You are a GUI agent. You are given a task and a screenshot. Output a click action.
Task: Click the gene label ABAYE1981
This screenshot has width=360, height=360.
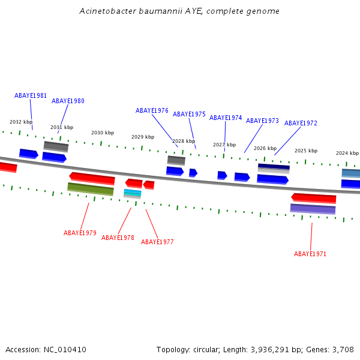pyautogui.click(x=31, y=95)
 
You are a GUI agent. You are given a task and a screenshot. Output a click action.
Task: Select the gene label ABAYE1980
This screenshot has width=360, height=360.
pyautogui.click(x=68, y=101)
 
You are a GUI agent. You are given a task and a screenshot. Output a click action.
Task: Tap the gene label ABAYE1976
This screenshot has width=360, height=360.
pyautogui.click(x=152, y=110)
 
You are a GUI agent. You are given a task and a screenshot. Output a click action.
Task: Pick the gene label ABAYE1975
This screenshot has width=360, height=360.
pyautogui.click(x=189, y=114)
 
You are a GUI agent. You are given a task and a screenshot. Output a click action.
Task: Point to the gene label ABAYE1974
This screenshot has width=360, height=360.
pyautogui.click(x=226, y=118)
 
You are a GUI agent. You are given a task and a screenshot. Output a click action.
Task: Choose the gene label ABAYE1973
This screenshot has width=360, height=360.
pyautogui.click(x=262, y=121)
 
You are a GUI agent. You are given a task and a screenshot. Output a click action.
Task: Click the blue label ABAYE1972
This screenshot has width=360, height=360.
pyautogui.click(x=301, y=123)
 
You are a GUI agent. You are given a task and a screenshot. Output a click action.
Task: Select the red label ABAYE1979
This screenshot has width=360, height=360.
pyautogui.click(x=80, y=233)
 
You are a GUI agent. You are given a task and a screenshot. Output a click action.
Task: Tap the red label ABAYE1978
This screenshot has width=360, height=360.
pyautogui.click(x=118, y=238)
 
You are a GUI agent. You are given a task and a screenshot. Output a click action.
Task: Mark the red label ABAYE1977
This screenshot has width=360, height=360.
pyautogui.click(x=157, y=242)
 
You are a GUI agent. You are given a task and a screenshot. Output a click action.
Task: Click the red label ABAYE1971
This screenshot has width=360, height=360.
pyautogui.click(x=310, y=254)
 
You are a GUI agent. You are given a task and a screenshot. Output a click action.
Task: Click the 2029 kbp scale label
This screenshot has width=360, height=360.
pyautogui.click(x=143, y=137)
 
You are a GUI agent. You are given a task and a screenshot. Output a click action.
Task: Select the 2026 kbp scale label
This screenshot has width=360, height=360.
pyautogui.click(x=265, y=148)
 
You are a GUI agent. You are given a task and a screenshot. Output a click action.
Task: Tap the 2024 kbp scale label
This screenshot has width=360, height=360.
pyautogui.click(x=347, y=153)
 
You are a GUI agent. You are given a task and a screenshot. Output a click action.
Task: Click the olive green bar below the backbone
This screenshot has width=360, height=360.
pyautogui.click(x=91, y=189)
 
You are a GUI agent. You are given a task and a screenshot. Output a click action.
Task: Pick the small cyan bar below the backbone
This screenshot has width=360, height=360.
pyautogui.click(x=133, y=193)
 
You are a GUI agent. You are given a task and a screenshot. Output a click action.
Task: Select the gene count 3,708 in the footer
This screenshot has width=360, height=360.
pyautogui.click(x=343, y=349)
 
